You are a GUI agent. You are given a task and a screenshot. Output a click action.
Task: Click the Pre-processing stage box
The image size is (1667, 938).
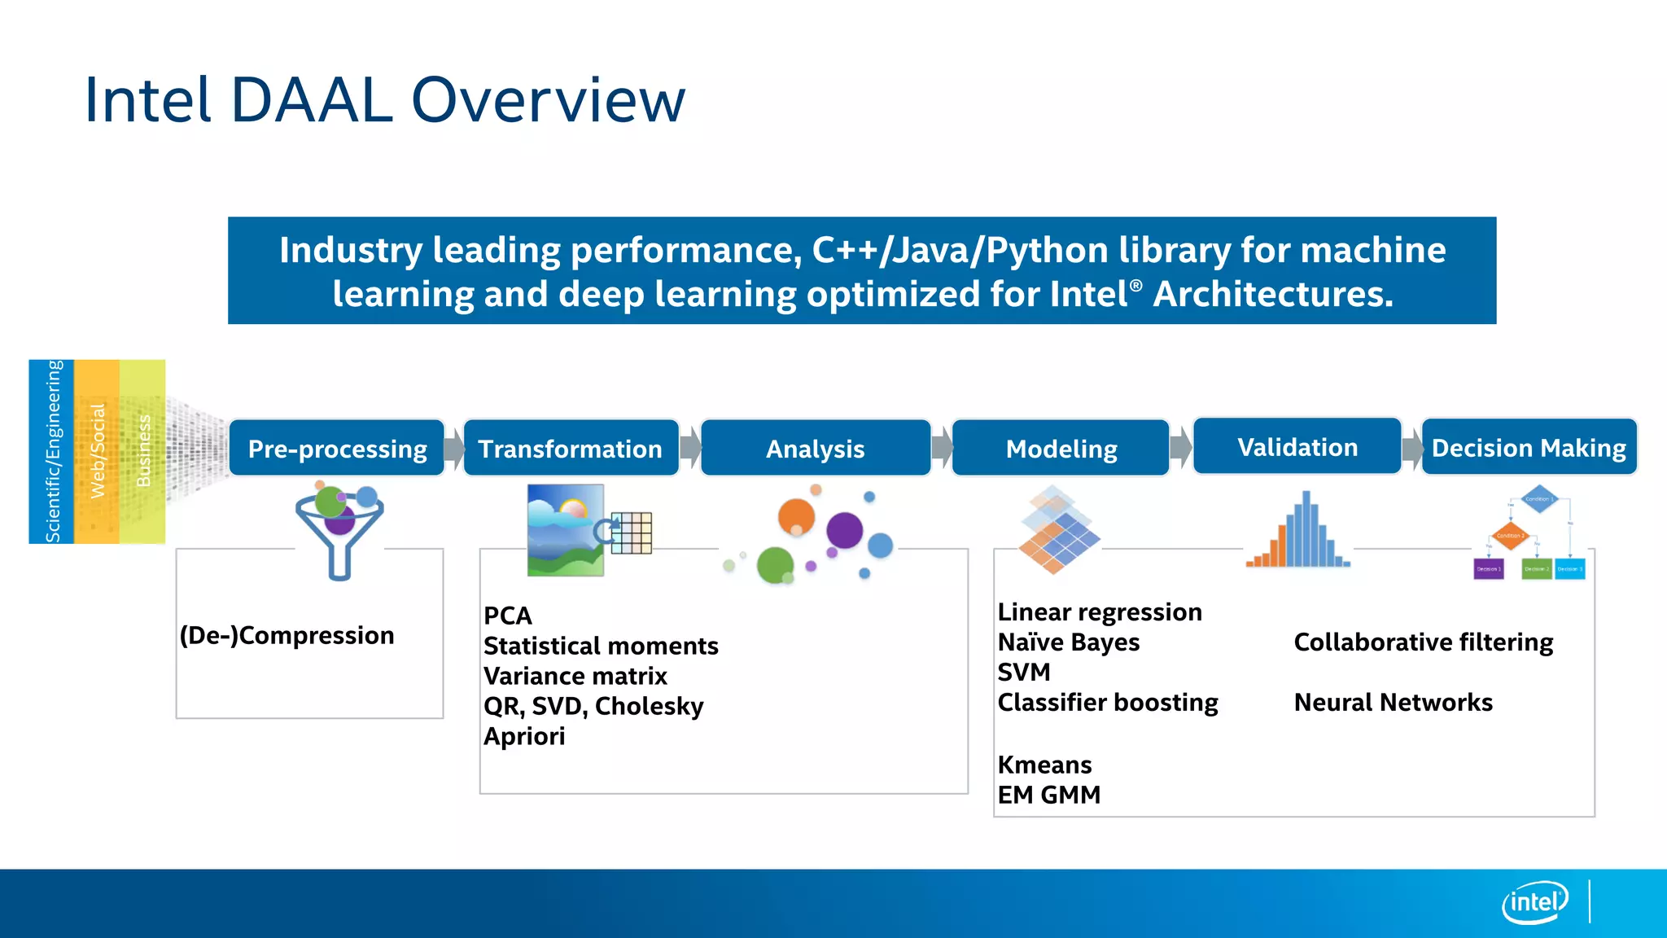[337, 449]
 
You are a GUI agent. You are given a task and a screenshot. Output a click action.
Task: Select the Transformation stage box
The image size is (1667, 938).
[571, 449]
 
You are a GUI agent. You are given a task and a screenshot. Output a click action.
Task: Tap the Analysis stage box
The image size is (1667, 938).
[816, 449]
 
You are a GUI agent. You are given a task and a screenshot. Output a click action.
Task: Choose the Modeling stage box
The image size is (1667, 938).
[1061, 449]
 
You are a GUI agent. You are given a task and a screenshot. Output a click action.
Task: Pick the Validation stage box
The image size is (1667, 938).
[1297, 447]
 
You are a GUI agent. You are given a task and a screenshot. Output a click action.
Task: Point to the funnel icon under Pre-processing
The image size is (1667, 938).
[339, 531]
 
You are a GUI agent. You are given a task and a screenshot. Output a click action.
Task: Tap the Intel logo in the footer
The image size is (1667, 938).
[1534, 902]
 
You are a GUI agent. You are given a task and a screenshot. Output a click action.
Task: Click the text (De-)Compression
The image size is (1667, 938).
[287, 635]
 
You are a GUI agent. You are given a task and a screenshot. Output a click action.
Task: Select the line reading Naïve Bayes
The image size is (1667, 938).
[1068, 642]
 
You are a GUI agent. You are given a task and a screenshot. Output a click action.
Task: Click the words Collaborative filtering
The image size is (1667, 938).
[1424, 642]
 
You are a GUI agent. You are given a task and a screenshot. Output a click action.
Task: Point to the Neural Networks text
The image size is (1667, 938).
[1393, 703]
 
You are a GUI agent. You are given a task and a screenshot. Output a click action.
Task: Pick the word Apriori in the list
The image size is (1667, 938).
[524, 736]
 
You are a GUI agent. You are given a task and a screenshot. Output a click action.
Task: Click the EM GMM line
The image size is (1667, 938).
[1048, 795]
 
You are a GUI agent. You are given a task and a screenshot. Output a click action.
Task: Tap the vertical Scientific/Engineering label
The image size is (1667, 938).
[52, 452]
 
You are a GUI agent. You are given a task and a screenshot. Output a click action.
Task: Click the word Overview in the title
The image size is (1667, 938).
[548, 100]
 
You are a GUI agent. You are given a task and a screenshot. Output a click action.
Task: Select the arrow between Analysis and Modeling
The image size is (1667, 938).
[942, 447]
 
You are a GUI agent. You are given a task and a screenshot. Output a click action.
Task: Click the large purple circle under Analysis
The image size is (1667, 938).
[844, 530]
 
